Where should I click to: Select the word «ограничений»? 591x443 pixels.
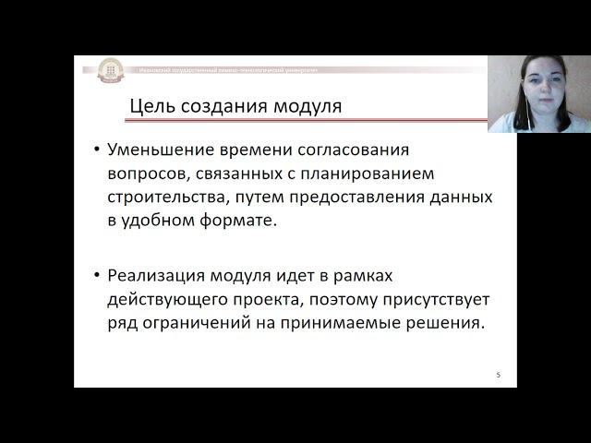click(x=198, y=324)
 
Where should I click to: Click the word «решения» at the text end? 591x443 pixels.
click(x=450, y=324)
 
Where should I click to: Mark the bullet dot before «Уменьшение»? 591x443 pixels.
click(x=98, y=150)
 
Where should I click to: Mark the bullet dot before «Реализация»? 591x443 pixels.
click(x=98, y=276)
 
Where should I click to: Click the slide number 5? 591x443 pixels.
click(x=498, y=375)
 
